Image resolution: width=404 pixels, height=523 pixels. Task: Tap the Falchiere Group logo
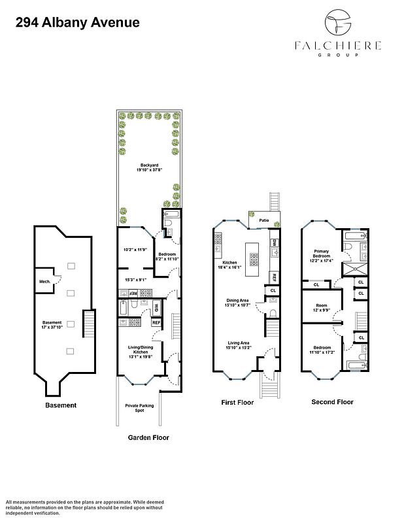point(338,35)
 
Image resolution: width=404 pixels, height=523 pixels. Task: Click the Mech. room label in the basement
point(45,281)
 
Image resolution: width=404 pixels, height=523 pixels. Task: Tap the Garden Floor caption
point(148,437)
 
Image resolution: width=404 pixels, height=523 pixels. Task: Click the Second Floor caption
point(333,402)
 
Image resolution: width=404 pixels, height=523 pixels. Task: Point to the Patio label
point(264,220)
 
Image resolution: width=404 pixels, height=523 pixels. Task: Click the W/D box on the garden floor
point(157,307)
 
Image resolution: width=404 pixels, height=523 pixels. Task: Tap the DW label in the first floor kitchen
point(275,243)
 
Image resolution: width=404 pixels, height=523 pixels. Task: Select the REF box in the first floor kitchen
point(275,277)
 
